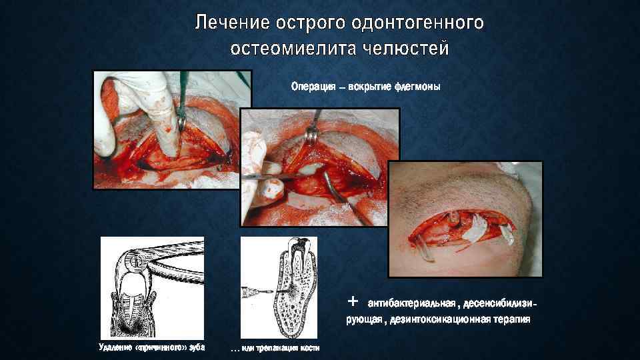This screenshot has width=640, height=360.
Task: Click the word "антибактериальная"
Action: [406, 303]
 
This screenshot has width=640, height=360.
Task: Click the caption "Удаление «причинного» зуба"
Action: [152, 348]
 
